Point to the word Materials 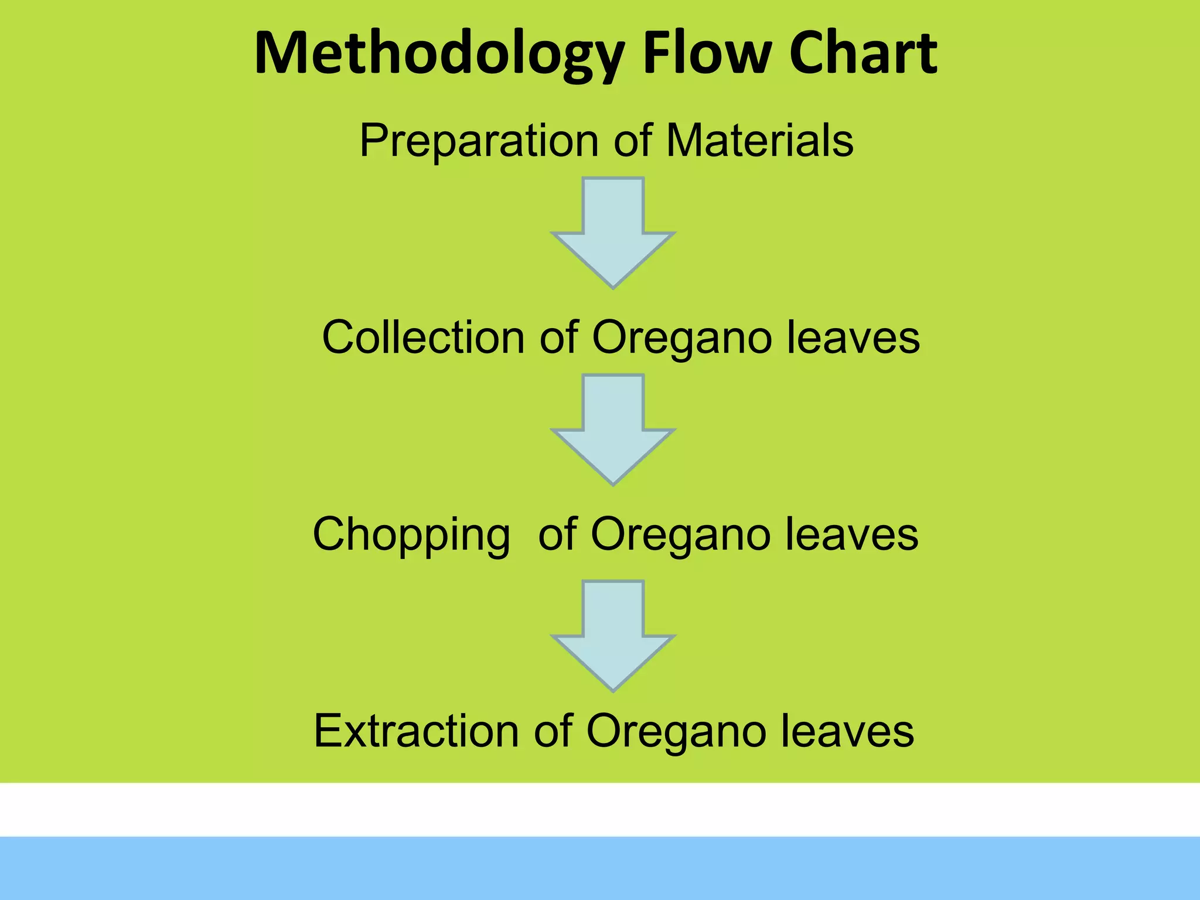coord(759,141)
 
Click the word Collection coord(423,337)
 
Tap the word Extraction coord(416,731)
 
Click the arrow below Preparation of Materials coord(613,234)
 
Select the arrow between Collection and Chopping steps coord(613,431)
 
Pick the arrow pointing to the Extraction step coord(613,637)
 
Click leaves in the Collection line coord(853,337)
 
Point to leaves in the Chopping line coord(851,534)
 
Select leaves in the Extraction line coord(847,731)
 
